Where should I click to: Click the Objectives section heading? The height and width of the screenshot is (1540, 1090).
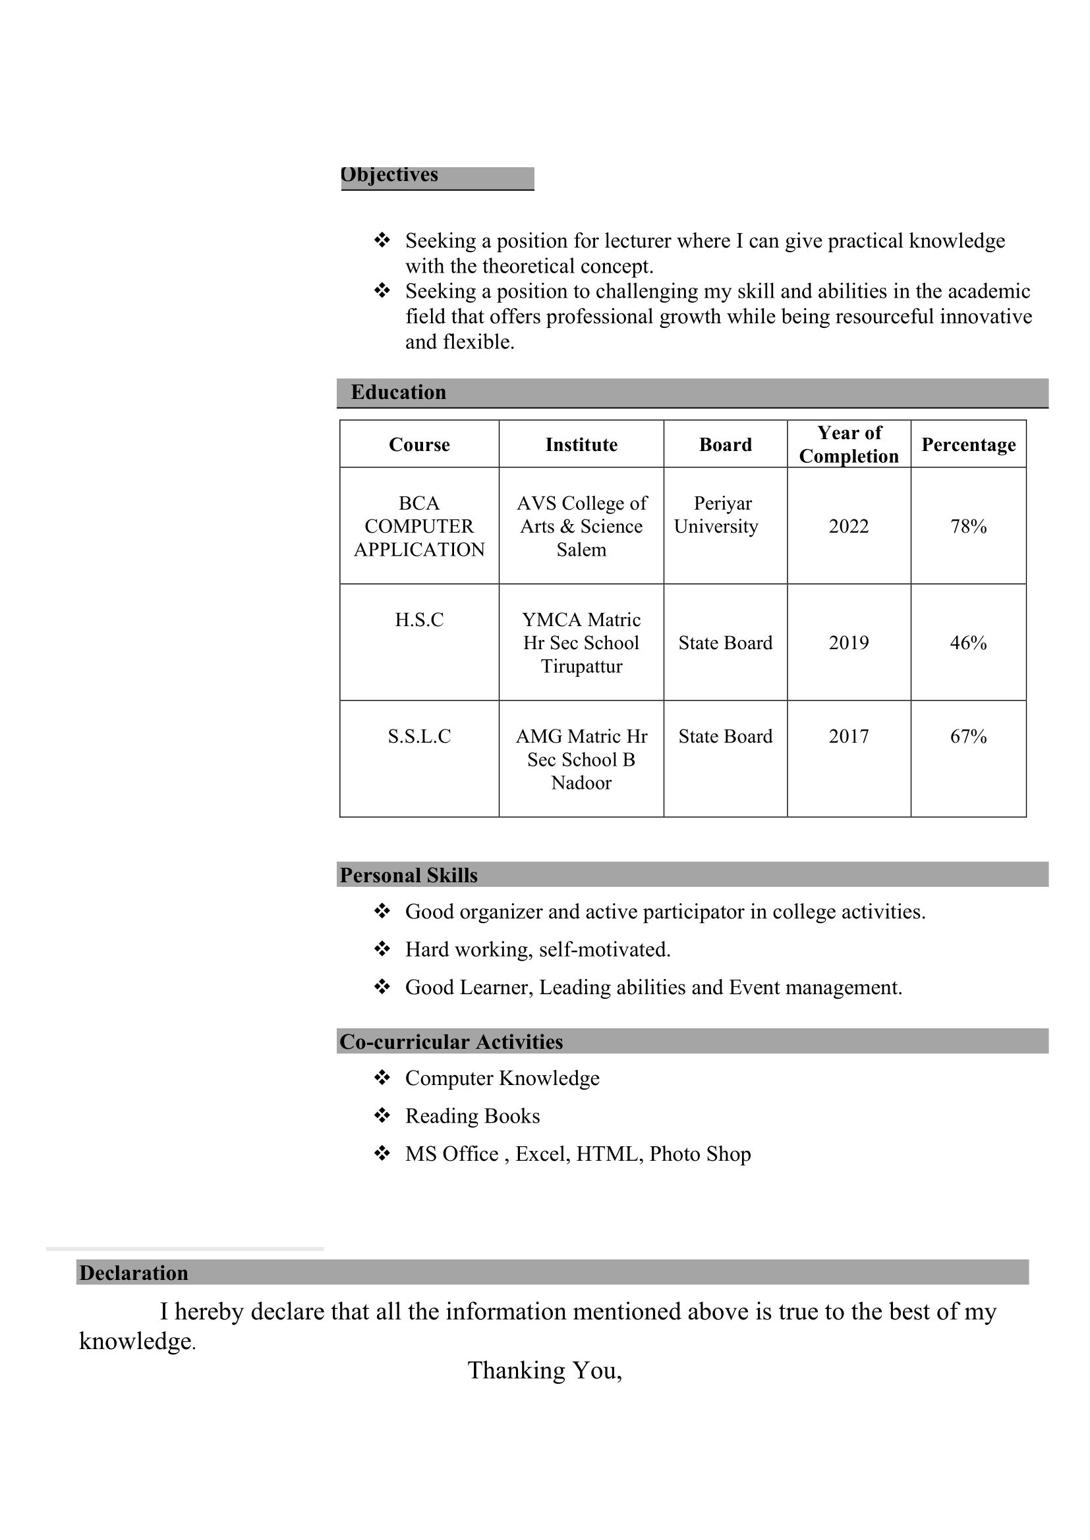click(x=389, y=176)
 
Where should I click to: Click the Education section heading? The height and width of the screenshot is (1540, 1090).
click(x=398, y=392)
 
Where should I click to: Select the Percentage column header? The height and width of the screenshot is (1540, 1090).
click(x=968, y=444)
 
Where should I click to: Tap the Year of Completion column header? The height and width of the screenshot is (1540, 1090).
click(x=848, y=444)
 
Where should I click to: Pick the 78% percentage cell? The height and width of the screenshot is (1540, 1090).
click(x=968, y=527)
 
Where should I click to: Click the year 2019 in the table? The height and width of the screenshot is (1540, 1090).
click(x=848, y=643)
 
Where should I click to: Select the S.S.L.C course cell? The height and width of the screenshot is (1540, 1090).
click(x=420, y=737)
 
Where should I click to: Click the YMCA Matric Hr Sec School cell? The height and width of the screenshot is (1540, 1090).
click(x=581, y=643)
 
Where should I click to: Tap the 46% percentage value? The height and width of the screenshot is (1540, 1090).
click(x=968, y=643)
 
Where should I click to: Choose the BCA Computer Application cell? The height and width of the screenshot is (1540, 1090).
click(x=420, y=527)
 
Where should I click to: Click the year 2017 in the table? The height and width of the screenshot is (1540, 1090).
click(x=848, y=737)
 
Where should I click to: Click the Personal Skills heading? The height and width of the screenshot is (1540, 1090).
click(x=409, y=875)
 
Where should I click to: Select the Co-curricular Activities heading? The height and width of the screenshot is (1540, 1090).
click(x=451, y=1042)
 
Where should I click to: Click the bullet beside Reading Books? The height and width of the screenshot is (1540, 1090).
click(x=382, y=1115)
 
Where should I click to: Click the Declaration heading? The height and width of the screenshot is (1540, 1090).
click(x=134, y=1273)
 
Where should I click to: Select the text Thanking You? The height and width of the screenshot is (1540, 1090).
click(x=544, y=1370)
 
